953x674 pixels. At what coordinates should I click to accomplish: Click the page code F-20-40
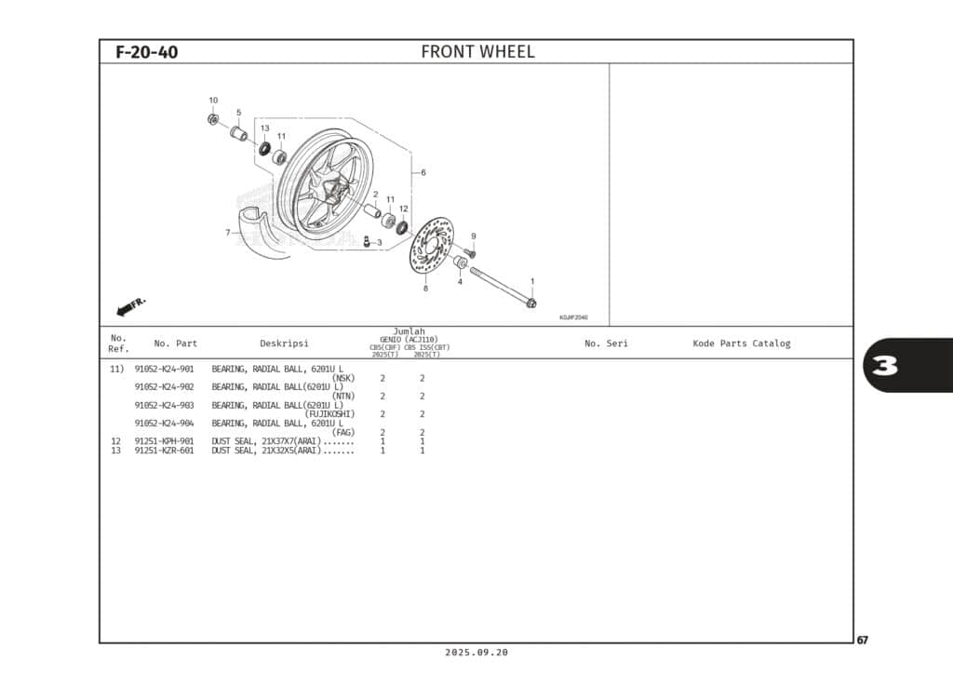click(x=146, y=52)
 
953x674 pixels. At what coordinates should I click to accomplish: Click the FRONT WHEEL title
click(x=477, y=52)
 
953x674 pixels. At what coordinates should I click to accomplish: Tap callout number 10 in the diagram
click(x=213, y=101)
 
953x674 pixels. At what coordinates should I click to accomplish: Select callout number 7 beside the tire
click(x=227, y=232)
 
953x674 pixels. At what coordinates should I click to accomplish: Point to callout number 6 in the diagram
click(x=423, y=172)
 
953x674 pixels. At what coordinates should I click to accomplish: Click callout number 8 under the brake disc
click(x=425, y=289)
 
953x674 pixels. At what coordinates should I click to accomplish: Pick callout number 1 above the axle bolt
click(x=532, y=280)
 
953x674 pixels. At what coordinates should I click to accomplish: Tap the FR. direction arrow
click(x=131, y=306)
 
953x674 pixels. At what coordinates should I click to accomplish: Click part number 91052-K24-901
click(x=165, y=370)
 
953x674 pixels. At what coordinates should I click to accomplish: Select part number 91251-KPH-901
click(x=165, y=441)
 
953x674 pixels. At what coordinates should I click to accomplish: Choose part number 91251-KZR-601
click(x=165, y=451)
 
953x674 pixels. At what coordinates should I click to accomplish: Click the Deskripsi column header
click(x=284, y=344)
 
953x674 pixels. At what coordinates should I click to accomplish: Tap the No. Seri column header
click(x=606, y=344)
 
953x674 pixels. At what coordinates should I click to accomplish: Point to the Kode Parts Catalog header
click(x=741, y=344)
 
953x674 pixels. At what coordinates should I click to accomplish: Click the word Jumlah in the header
click(x=409, y=331)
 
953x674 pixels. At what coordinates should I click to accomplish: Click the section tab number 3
click(x=885, y=366)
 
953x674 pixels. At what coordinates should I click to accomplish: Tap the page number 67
click(x=863, y=640)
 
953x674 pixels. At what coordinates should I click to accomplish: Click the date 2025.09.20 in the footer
click(x=476, y=654)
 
